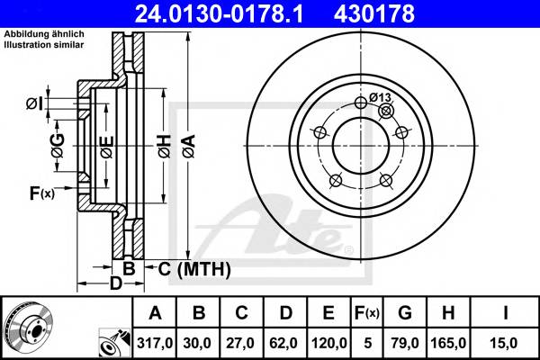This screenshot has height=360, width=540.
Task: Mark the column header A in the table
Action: (156, 313)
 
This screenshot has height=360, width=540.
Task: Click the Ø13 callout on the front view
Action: (379, 97)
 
